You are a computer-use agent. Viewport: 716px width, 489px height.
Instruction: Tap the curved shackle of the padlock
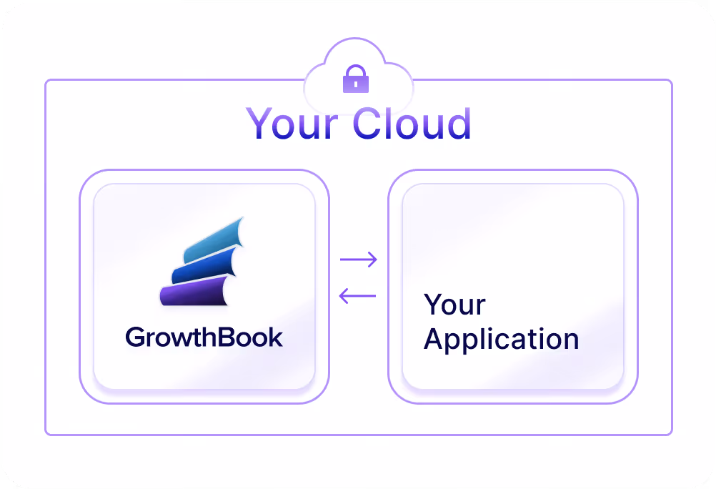pos(356,71)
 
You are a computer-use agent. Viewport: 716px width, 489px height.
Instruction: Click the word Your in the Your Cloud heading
pos(292,123)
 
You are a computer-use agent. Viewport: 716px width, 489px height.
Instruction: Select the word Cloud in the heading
pos(412,123)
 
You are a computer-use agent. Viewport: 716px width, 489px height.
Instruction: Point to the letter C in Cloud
pos(369,124)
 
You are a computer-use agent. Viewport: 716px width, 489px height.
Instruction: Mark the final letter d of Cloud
pos(459,123)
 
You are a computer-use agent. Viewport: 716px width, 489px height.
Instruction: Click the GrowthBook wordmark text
pos(204,337)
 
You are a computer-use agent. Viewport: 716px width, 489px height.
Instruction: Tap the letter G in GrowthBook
pos(135,337)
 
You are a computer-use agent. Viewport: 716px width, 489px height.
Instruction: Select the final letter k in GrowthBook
pos(275,337)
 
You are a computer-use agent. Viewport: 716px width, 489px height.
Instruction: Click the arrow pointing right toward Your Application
pos(358,260)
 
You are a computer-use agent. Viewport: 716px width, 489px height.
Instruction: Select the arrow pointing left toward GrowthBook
pos(357,295)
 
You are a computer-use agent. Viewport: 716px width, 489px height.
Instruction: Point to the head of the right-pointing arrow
pos(372,260)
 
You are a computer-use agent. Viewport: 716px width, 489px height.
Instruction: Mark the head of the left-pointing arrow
pos(343,295)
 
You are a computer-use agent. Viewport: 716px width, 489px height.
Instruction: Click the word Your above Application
pos(454,305)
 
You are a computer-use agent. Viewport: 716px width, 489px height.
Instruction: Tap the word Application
pos(501,340)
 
